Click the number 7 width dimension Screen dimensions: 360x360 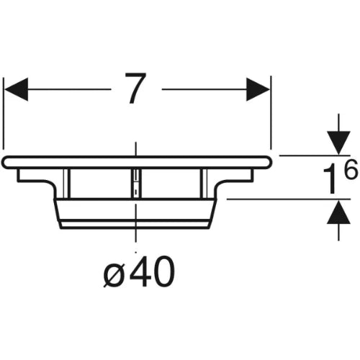click(x=135, y=88)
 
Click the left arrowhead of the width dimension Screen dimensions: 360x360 click(x=17, y=89)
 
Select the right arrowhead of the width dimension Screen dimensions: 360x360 click(x=258, y=89)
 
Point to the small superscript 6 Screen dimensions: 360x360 click(x=351, y=170)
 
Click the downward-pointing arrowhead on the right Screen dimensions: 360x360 click(x=338, y=143)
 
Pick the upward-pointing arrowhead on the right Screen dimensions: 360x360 click(x=338, y=212)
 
